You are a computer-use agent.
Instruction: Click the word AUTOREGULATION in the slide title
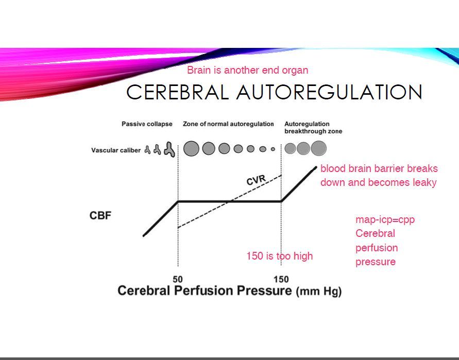tap(329, 93)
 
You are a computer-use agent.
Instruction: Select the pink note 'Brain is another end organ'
tap(247, 70)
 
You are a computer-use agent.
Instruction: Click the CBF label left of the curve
tap(100, 215)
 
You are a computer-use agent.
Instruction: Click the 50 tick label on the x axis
tap(178, 279)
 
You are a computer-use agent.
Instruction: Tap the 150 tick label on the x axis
tap(281, 279)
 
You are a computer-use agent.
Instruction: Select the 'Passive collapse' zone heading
tap(147, 124)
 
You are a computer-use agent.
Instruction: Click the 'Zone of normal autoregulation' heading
tap(228, 124)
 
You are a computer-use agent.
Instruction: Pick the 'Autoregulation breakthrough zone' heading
tap(313, 128)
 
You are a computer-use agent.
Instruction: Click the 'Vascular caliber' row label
tap(116, 150)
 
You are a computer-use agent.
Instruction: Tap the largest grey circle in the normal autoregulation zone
tap(191, 149)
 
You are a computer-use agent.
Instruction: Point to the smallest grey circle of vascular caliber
tap(273, 149)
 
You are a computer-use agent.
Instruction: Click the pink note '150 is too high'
tap(279, 256)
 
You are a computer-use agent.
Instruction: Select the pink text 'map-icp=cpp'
tap(385, 220)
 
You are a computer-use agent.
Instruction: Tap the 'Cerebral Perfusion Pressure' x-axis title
tap(205, 291)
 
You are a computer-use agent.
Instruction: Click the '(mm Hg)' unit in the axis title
tap(318, 292)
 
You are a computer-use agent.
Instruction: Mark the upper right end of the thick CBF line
tap(315, 167)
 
